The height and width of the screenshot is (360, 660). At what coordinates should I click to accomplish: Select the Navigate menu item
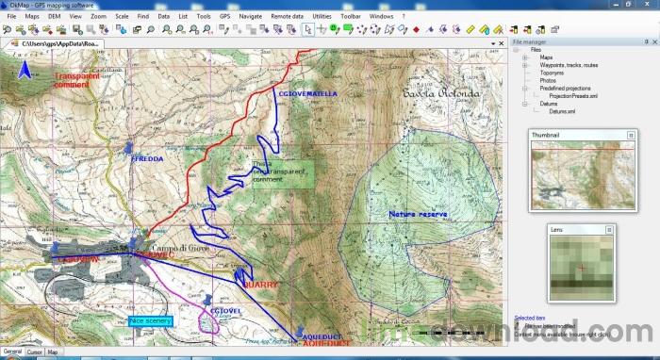[x=251, y=17]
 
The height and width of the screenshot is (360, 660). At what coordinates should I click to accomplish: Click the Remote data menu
[x=287, y=17]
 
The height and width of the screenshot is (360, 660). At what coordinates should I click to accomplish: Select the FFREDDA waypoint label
[x=147, y=159]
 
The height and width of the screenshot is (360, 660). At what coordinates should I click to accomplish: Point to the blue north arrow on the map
[x=26, y=69]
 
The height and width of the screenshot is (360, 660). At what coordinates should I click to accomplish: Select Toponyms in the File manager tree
[x=552, y=72]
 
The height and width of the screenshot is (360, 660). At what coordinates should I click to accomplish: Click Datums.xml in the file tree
[x=561, y=111]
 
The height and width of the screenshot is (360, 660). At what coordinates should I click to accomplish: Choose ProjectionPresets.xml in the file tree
[x=574, y=95]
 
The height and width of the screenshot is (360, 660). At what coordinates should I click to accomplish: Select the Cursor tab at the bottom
[x=34, y=352]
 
